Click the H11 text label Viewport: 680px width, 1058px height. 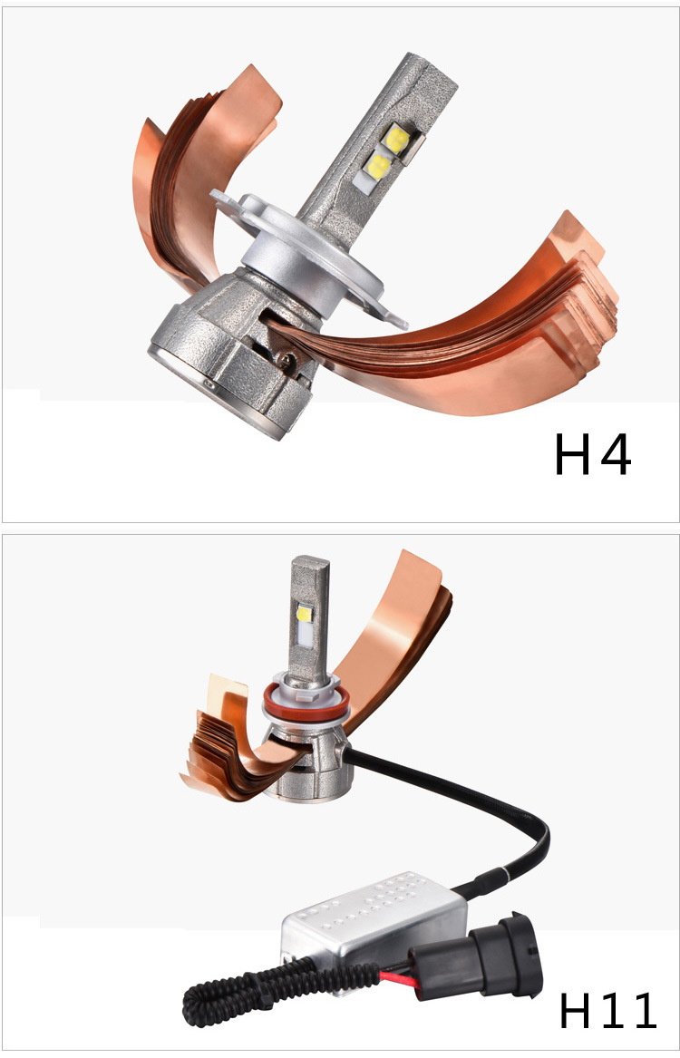coord(607,1010)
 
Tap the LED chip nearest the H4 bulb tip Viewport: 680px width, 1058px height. coord(393,140)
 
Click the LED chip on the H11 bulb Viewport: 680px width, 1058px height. coord(305,614)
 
